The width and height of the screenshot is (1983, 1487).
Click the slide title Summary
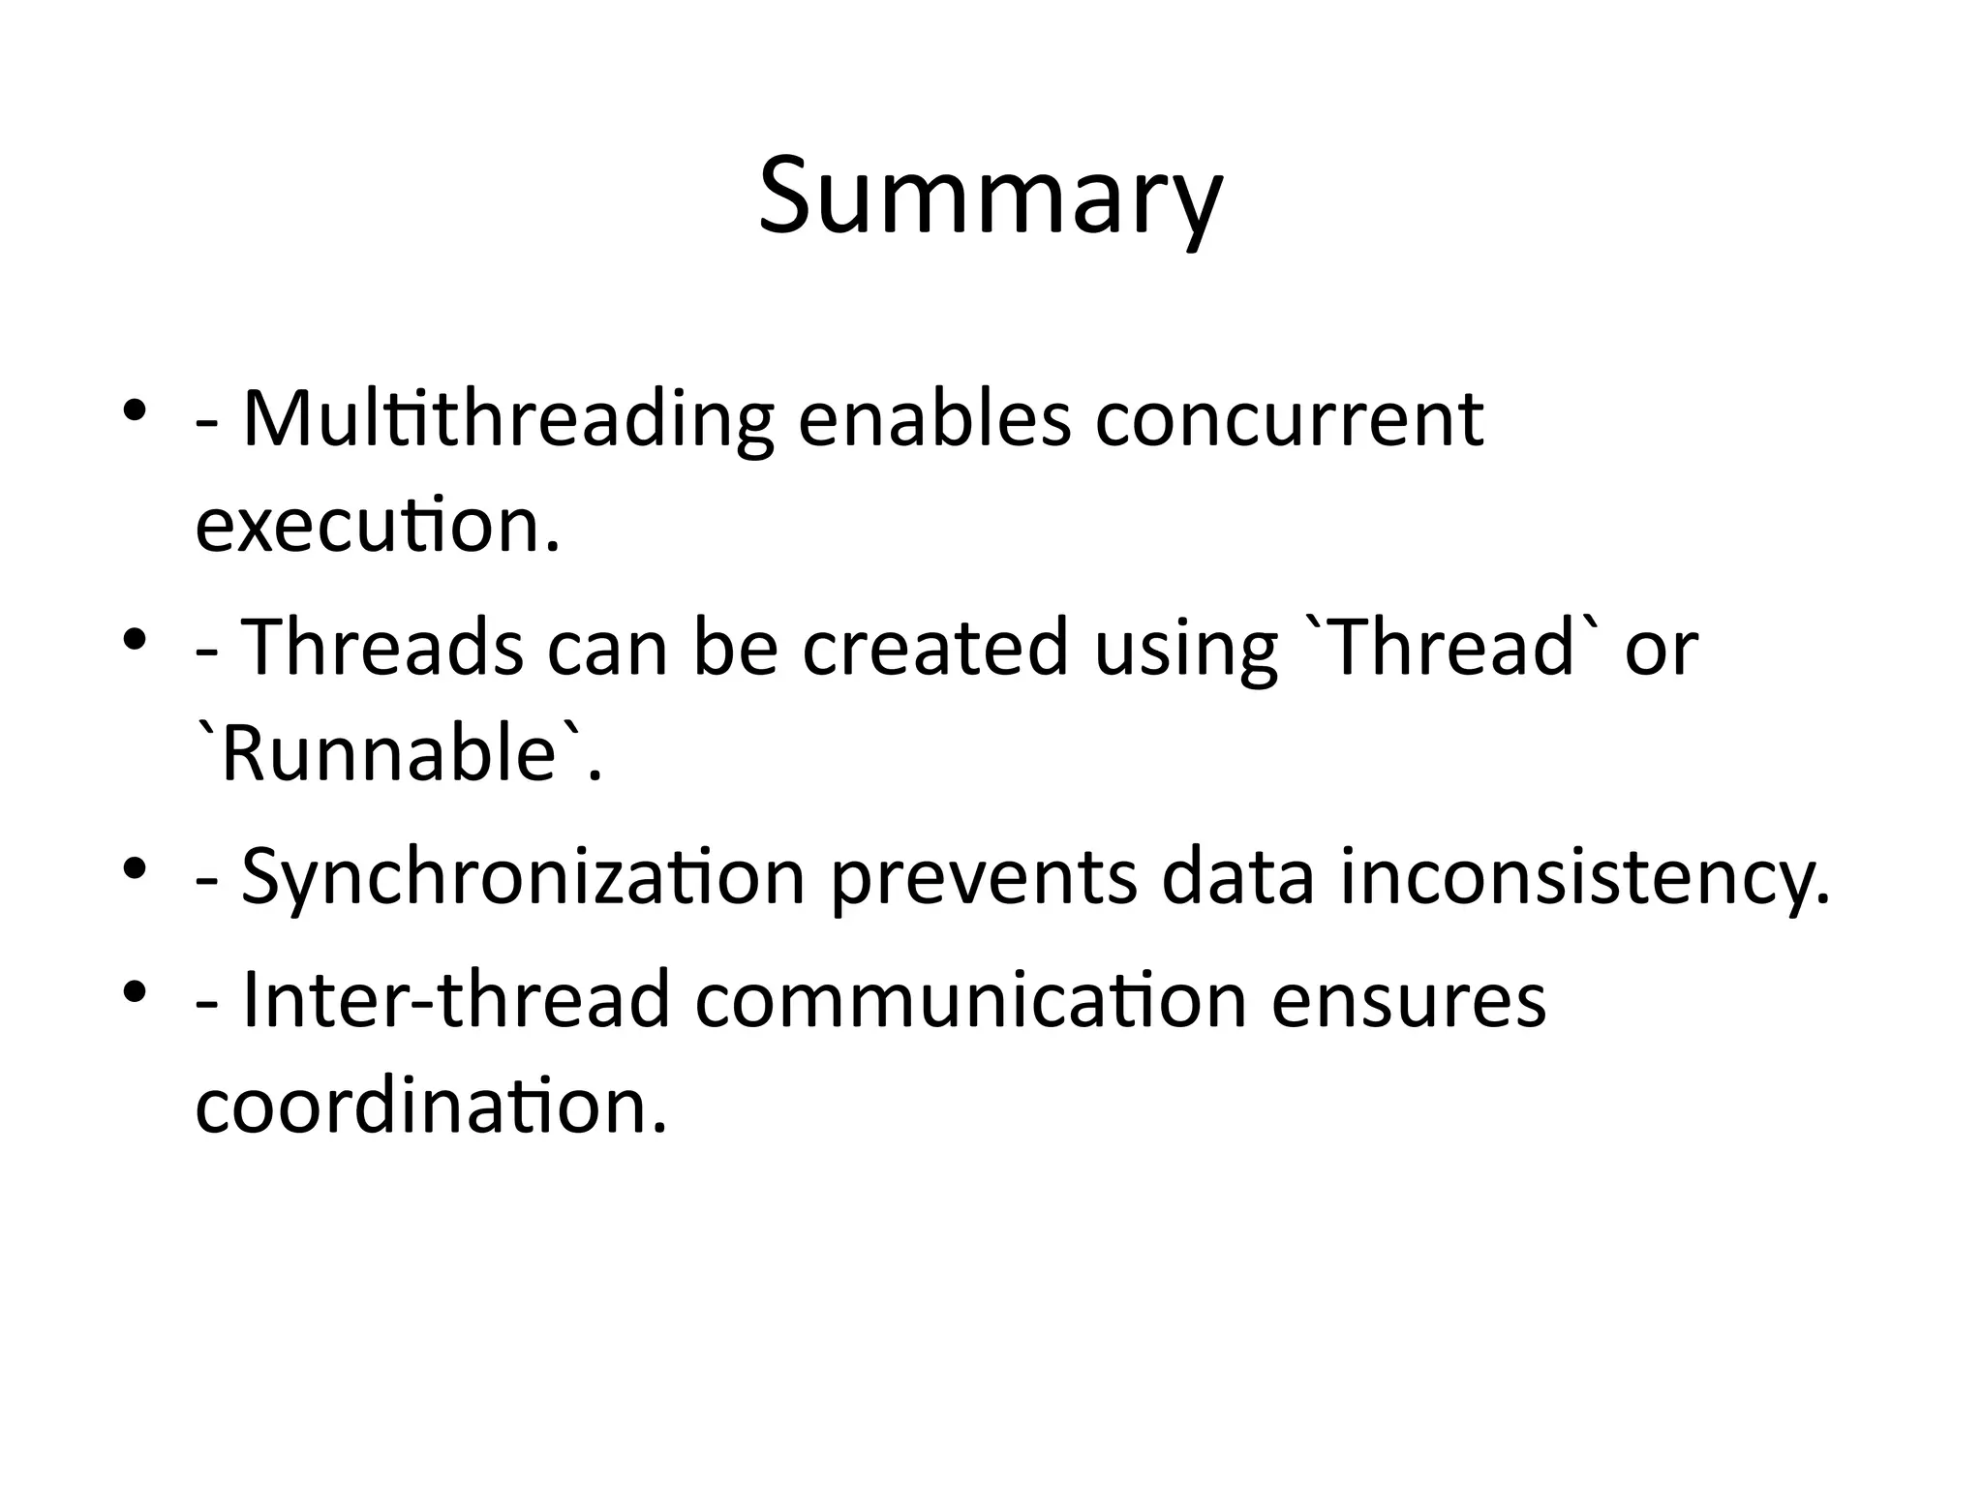point(991,198)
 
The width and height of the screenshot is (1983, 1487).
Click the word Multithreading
point(507,421)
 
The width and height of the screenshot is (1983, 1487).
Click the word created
point(933,648)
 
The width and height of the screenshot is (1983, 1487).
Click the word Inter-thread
point(456,1000)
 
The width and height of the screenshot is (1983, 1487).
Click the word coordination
point(430,1106)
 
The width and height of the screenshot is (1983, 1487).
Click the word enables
point(934,421)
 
